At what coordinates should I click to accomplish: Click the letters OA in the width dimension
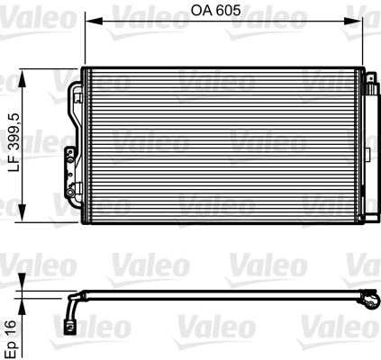click(202, 13)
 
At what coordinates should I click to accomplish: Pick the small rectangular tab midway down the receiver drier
click(364, 167)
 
